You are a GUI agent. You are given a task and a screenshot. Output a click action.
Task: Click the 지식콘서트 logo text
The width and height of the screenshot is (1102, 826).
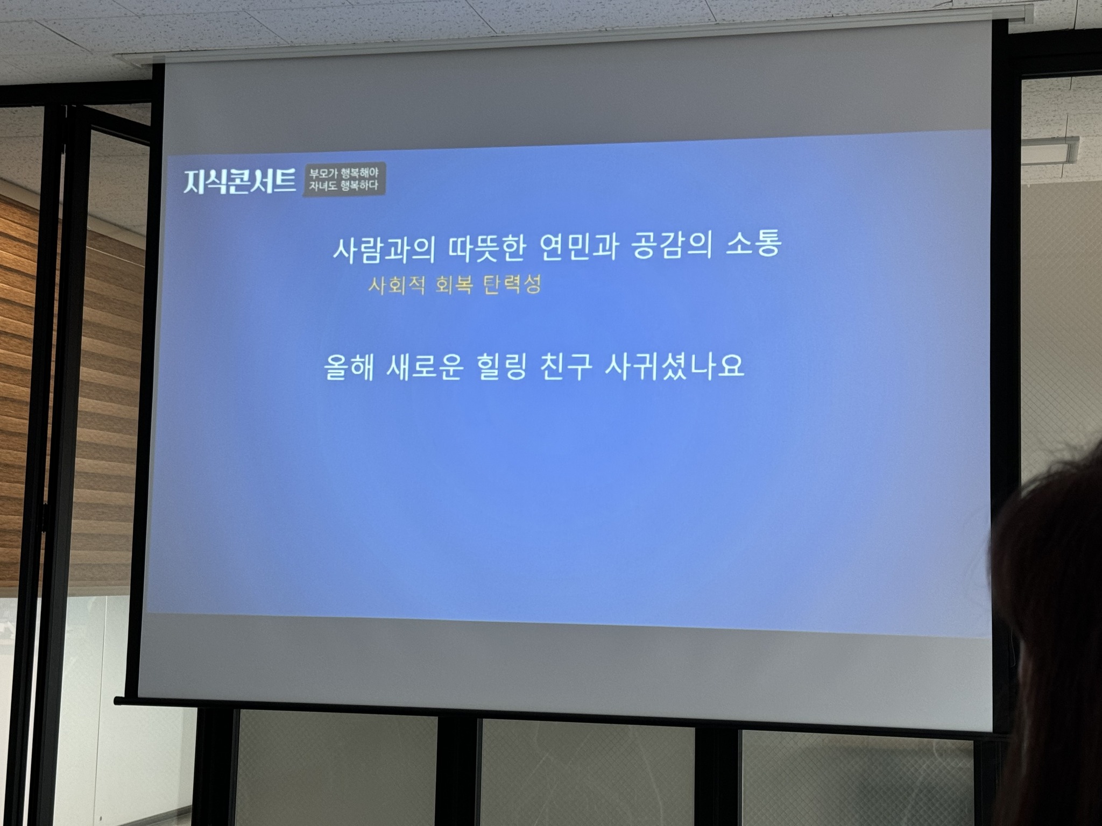(239, 181)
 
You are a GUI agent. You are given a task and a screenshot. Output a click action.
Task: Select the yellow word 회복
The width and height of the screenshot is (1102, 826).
(455, 284)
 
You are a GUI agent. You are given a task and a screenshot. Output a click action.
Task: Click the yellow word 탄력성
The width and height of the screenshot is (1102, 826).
(513, 284)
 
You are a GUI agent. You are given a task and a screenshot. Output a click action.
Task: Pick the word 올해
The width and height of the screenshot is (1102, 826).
(349, 368)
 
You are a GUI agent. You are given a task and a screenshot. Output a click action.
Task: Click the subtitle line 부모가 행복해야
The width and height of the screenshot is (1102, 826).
(343, 173)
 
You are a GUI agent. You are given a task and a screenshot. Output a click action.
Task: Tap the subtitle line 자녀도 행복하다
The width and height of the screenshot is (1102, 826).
(343, 186)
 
